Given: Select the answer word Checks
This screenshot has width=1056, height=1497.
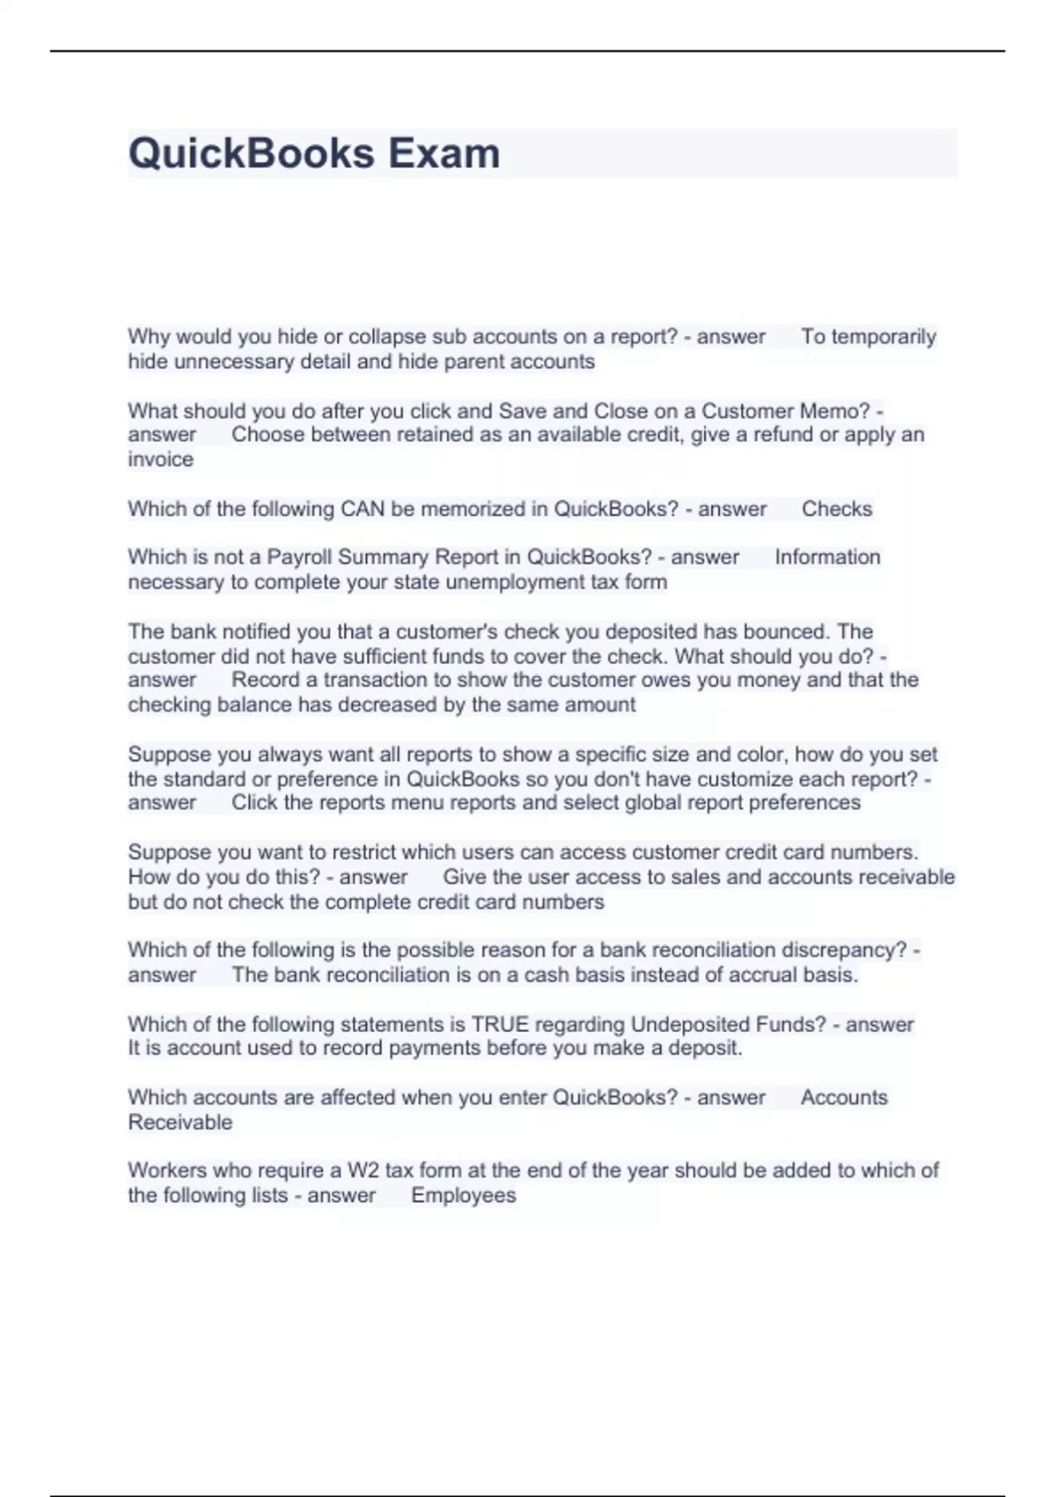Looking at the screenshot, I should coord(837,509).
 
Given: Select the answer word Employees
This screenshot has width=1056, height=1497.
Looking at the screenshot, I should coord(463,1195).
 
